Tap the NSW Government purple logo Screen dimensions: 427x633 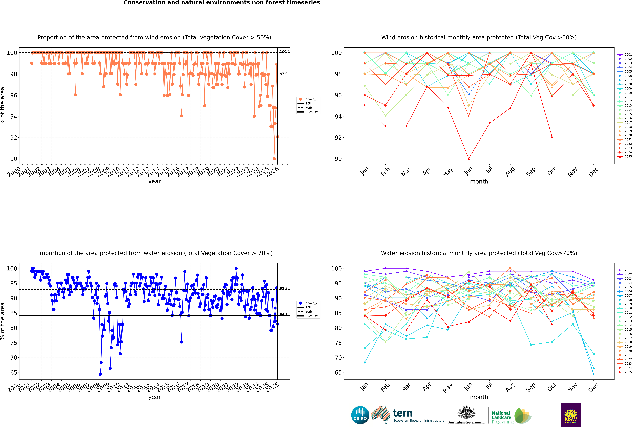(571, 415)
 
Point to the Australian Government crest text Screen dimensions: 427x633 (466, 422)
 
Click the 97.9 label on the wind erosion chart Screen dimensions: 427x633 (284, 74)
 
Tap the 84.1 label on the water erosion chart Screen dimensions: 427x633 (284, 314)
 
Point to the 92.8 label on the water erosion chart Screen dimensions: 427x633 (284, 288)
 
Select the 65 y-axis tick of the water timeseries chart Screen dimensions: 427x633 (14, 373)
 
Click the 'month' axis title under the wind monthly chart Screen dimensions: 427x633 (479, 182)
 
